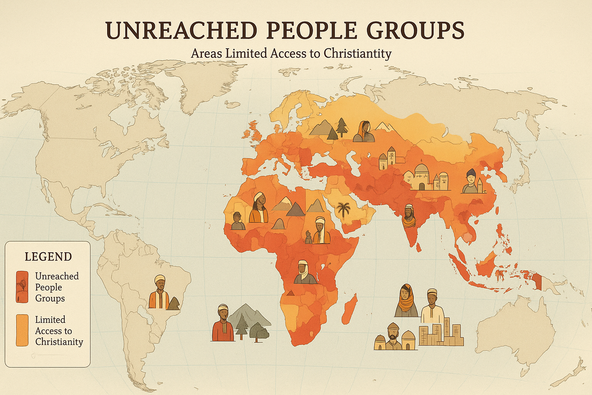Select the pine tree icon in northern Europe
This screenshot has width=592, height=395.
(x=342, y=127)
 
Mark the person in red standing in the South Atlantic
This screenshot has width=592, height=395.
(x=223, y=324)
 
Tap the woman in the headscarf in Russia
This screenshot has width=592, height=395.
(x=364, y=132)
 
